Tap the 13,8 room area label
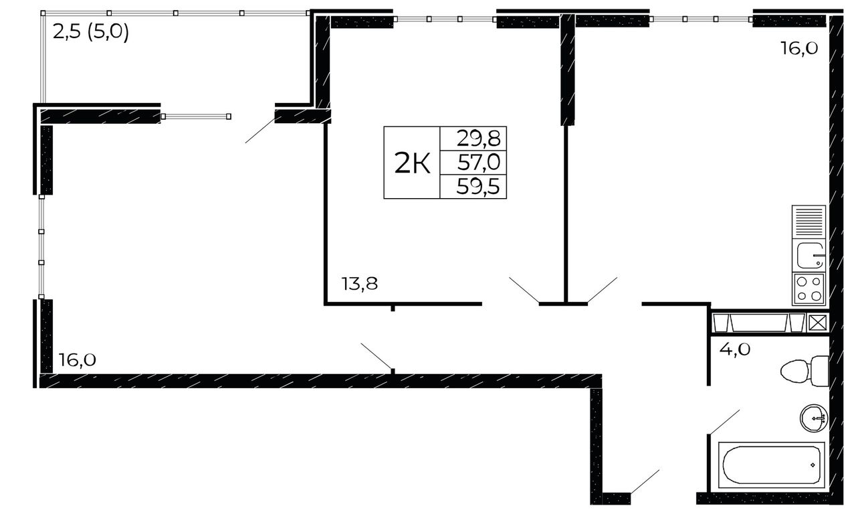coord(360,284)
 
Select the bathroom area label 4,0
coord(735,349)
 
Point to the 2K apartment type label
coord(412,163)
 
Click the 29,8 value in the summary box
coord(478,139)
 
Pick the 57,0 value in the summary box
coord(479,163)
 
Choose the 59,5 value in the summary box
coord(478,187)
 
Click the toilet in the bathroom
coord(805,371)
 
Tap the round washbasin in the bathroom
coord(814,418)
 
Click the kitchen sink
coord(809,256)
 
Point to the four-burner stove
coord(809,289)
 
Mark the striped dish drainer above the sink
coord(809,222)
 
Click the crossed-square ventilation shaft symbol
coord(817,323)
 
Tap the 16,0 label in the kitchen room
coord(799,49)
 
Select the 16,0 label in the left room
coord(77,360)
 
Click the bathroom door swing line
coord(724,422)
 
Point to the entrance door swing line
coord(645,481)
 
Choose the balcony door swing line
coord(260,131)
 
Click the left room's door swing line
coord(377,356)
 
